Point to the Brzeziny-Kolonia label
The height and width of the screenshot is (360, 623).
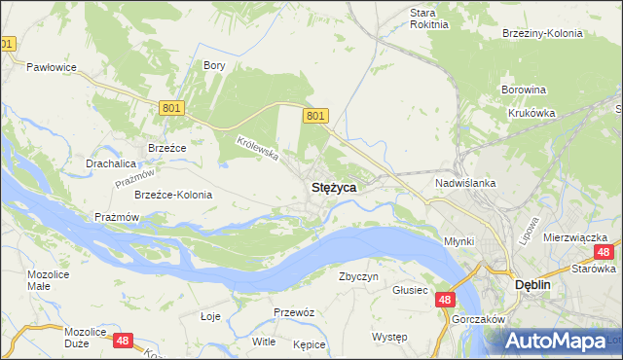[542, 33]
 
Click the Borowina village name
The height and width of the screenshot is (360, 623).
[523, 90]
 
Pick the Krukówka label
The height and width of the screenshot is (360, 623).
[531, 113]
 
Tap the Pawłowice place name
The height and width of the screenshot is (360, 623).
[52, 67]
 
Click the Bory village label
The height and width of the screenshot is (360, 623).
[214, 65]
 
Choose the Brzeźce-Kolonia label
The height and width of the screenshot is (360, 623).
[173, 195]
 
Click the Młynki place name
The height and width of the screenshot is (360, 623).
[458, 241]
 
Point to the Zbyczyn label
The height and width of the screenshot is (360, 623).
[357, 276]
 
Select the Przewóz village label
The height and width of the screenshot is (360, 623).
[293, 312]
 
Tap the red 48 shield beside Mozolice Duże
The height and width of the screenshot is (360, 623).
[123, 341]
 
